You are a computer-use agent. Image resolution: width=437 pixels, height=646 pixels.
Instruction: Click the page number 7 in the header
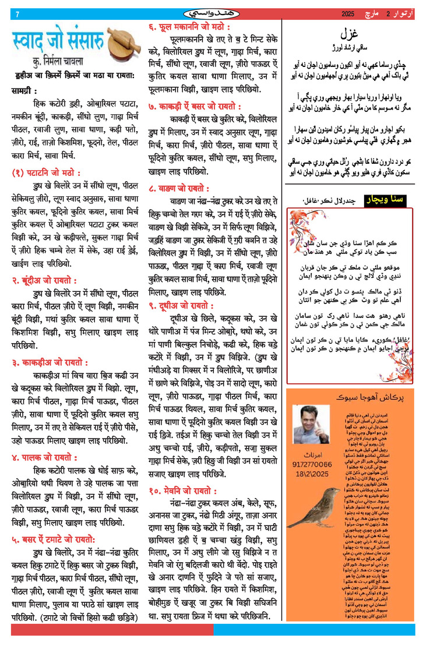point(17,14)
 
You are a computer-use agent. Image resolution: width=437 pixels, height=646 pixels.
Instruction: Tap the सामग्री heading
point(24,91)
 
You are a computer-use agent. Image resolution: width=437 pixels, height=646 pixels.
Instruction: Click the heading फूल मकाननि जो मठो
point(188,27)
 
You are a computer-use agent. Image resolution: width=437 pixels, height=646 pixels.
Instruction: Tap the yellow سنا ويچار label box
point(387,202)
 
